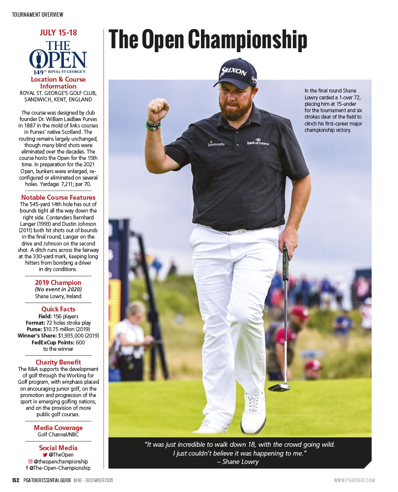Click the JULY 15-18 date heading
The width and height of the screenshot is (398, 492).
58,33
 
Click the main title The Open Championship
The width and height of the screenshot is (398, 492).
208,40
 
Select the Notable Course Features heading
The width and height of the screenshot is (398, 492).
58,197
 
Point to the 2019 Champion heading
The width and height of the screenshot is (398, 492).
58,282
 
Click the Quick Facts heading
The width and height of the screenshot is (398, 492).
58,309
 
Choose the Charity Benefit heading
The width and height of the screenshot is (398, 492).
58,362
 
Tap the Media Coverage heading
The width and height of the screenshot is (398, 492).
58,428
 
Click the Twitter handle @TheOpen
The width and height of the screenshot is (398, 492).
61,455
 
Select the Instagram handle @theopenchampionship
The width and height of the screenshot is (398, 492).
60,461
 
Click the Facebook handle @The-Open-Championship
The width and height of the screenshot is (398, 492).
60,468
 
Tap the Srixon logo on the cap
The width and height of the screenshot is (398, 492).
233,71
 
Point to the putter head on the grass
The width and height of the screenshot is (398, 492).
279,387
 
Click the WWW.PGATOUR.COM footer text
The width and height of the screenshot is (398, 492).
354,480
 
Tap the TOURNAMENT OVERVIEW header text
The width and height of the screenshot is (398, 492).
37,15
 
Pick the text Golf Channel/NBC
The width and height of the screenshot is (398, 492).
58,434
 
